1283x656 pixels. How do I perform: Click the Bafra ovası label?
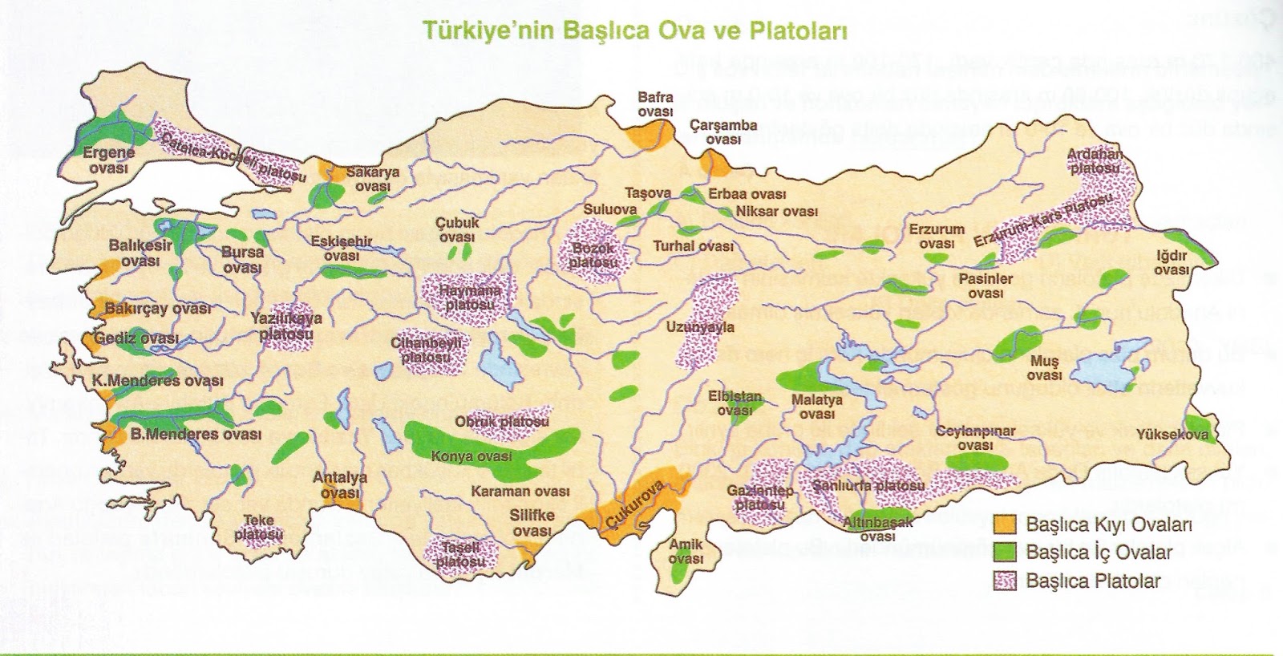[655, 105]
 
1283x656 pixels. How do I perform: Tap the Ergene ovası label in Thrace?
[109, 160]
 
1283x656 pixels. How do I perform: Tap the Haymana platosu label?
[473, 297]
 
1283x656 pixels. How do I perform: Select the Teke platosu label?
[260, 526]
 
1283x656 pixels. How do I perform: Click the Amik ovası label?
[686, 551]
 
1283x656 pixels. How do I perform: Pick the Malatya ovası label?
[817, 407]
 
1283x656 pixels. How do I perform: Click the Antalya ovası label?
[340, 484]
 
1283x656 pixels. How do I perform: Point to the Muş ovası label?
[1044, 368]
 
